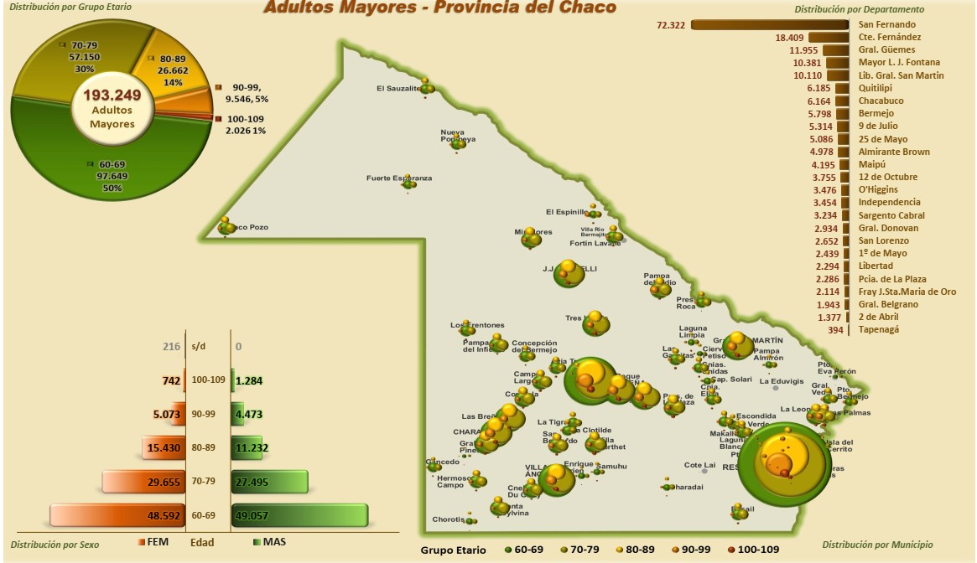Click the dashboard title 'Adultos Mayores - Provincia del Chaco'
click(440, 8)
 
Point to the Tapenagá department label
click(880, 330)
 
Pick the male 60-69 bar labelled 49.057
click(299, 516)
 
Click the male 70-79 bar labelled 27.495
click(269, 482)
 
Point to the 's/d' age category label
click(199, 345)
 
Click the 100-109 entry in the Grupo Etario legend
click(754, 550)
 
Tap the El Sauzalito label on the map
click(397, 88)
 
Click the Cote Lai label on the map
click(699, 465)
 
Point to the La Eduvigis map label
click(781, 381)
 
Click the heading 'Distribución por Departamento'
click(859, 9)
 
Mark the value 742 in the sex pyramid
click(170, 380)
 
